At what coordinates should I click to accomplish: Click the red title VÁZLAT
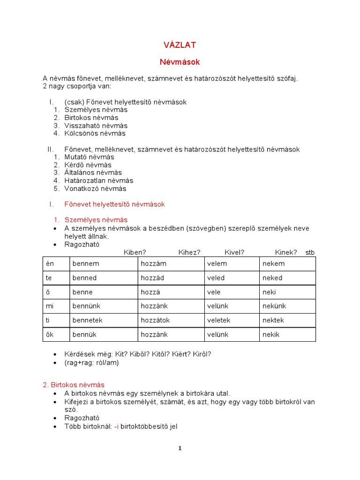[x=180, y=45]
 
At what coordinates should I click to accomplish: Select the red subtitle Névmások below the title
[x=180, y=62]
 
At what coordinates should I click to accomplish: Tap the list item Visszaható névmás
[x=96, y=126]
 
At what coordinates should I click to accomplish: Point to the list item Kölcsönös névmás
[x=95, y=134]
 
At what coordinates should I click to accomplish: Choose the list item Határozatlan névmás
[x=98, y=180]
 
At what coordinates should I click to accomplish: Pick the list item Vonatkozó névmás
[x=95, y=188]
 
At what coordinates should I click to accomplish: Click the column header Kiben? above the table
[x=135, y=253]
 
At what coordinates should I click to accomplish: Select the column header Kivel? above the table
[x=234, y=253]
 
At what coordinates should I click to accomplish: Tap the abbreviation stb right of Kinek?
[x=310, y=253]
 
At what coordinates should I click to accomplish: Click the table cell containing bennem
[x=86, y=263]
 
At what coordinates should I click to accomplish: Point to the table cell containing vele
[x=214, y=292]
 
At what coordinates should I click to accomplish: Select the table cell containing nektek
[x=273, y=320]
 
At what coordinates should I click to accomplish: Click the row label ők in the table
[x=50, y=334]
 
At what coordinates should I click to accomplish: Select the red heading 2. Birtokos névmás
[x=74, y=385]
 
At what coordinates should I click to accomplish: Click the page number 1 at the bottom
[x=180, y=448]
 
